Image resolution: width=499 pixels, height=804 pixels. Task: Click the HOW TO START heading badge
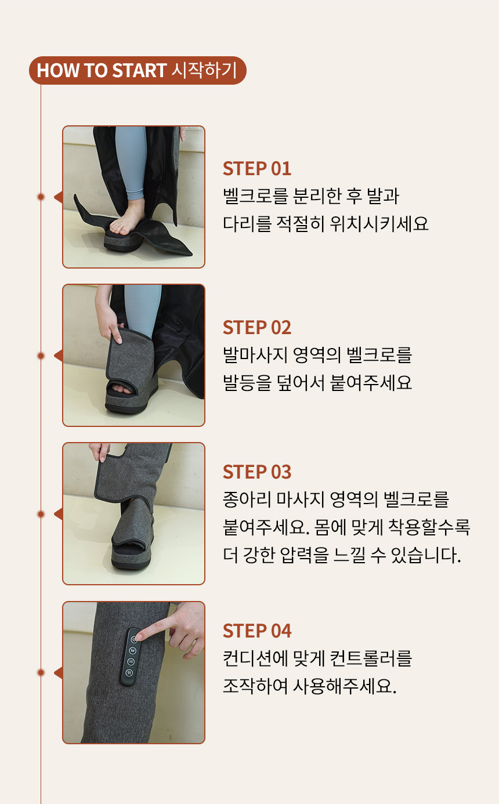138,70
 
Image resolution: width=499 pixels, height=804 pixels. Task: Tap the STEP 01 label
256,169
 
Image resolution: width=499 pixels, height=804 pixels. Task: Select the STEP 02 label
256,327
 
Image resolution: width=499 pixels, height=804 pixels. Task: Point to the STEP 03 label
256,472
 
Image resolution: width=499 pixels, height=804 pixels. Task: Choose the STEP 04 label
256,631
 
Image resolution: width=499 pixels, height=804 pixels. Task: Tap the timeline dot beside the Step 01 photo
41,197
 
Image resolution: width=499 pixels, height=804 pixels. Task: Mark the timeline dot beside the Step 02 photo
41,356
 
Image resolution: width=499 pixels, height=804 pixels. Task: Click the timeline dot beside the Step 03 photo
41,514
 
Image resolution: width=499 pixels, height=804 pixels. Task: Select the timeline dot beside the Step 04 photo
41,672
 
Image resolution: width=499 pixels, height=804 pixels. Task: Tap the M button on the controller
132,650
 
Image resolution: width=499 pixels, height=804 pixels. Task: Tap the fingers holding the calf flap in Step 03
99,451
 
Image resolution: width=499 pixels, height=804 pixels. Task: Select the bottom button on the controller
129,672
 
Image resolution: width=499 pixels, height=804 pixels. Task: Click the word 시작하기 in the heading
204,70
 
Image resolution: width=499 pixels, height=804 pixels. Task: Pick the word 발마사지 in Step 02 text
255,355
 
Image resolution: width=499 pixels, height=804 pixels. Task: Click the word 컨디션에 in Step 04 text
255,658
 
